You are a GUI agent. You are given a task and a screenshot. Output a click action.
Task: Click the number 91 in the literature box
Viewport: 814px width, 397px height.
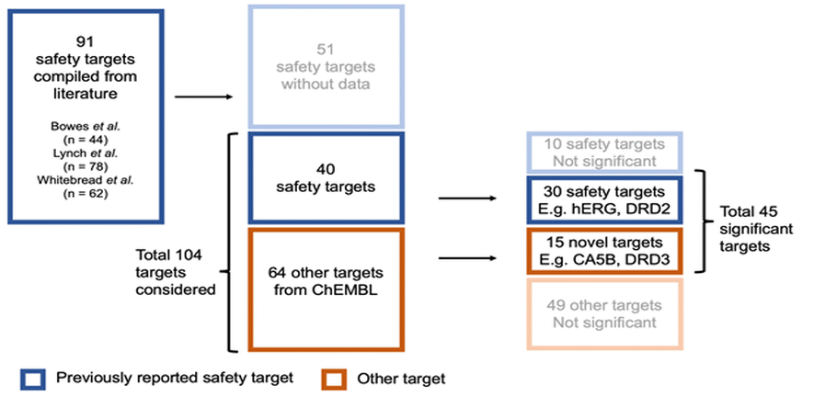click(x=86, y=41)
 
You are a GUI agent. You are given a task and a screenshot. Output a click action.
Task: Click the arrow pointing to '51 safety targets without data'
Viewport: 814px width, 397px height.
click(x=202, y=95)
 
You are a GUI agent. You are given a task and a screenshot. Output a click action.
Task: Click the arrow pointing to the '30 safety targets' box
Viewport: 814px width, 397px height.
click(x=468, y=197)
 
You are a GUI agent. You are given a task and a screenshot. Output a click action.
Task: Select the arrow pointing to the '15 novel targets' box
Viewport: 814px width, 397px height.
click(x=468, y=258)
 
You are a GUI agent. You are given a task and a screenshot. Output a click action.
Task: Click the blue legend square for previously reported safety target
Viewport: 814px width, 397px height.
click(x=35, y=378)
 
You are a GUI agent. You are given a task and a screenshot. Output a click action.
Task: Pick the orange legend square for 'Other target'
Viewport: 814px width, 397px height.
click(x=332, y=378)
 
